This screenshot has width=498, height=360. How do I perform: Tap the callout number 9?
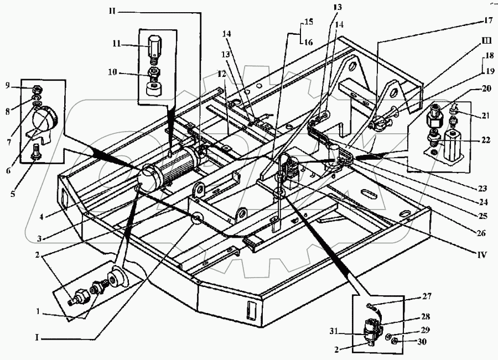(8, 85)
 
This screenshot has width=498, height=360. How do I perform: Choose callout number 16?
(308, 41)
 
